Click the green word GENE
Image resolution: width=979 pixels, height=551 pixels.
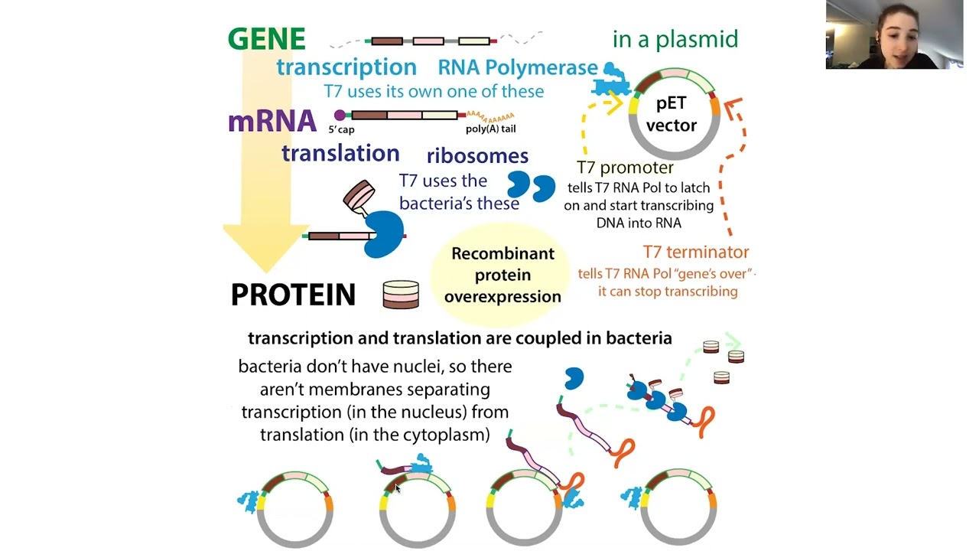[x=266, y=39]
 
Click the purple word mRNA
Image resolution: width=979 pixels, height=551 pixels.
[x=272, y=121]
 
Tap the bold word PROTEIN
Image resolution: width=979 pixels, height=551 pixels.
[x=293, y=295]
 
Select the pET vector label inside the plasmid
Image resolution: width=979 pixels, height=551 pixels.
[x=672, y=114]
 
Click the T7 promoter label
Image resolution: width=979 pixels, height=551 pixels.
[x=625, y=168]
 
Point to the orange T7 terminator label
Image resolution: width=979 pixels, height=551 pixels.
[x=695, y=252]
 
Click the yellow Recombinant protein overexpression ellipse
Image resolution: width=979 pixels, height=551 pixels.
[x=503, y=275]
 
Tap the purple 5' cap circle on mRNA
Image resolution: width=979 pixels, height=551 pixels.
[x=340, y=116]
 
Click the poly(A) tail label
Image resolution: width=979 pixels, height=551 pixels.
[x=490, y=129]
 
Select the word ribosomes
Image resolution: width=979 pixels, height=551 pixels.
[x=477, y=156]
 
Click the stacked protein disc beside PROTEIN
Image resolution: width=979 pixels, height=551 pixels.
[x=401, y=295]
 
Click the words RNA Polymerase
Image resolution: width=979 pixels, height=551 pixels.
[x=517, y=68]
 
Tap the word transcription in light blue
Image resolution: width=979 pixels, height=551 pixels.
[x=346, y=67]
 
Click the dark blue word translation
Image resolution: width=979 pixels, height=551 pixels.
[x=340, y=153]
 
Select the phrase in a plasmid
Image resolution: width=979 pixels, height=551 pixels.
[x=675, y=39]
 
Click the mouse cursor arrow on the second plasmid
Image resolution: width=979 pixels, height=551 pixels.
[x=397, y=488]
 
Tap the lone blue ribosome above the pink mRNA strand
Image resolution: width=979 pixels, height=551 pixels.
[x=574, y=378]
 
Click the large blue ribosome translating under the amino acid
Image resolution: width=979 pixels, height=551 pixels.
[x=384, y=233]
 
